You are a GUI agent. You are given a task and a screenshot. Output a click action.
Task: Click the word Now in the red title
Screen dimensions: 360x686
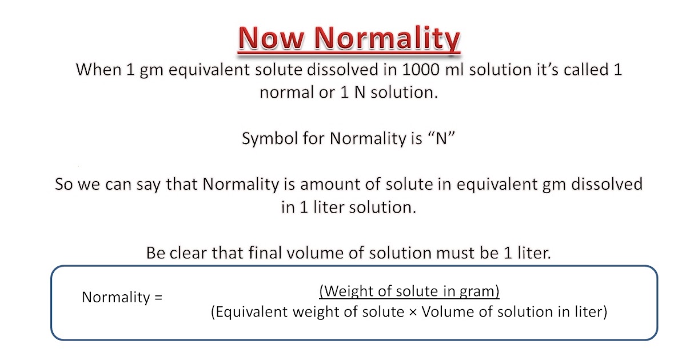tap(271, 39)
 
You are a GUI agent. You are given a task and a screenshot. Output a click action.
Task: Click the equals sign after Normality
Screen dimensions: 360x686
tap(158, 298)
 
